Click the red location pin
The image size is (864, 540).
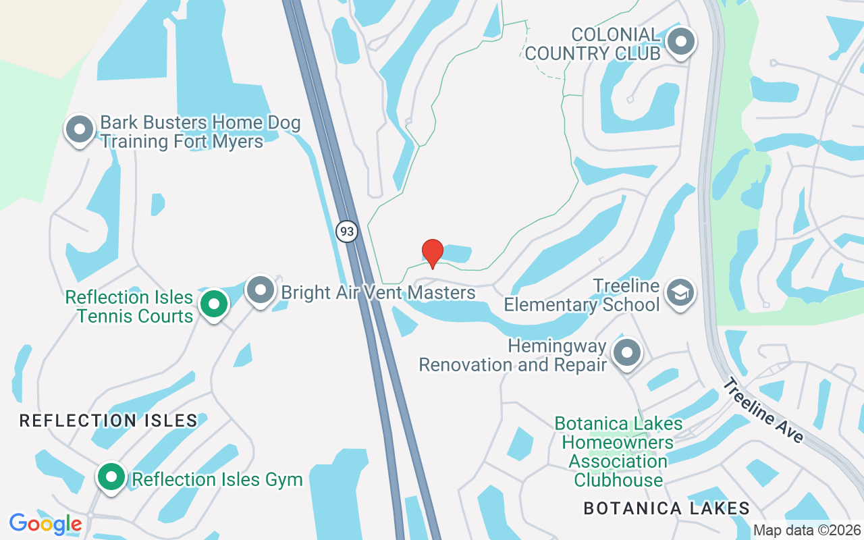pos(432,253)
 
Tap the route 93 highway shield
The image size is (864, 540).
pos(346,232)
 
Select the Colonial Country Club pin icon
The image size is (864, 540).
pos(680,42)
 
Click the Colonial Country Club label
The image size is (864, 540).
pos(592,44)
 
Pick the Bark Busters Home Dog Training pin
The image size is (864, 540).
pos(79,128)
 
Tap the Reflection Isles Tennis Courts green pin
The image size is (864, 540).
pos(214,304)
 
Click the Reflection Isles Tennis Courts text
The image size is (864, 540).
pos(129,306)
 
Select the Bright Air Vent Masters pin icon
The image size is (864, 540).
pos(260,290)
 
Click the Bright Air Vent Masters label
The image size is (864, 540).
pos(378,293)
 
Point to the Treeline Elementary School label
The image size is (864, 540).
pos(582,295)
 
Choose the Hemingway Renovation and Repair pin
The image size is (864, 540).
pos(627,352)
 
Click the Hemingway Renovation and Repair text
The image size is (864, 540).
pos(513,356)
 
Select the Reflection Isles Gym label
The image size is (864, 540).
pos(217,480)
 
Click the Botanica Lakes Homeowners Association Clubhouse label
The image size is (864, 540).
pos(618,452)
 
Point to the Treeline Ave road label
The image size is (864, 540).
pos(763,410)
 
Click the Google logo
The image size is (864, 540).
pos(46,523)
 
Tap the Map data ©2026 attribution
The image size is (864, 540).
pos(807,530)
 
